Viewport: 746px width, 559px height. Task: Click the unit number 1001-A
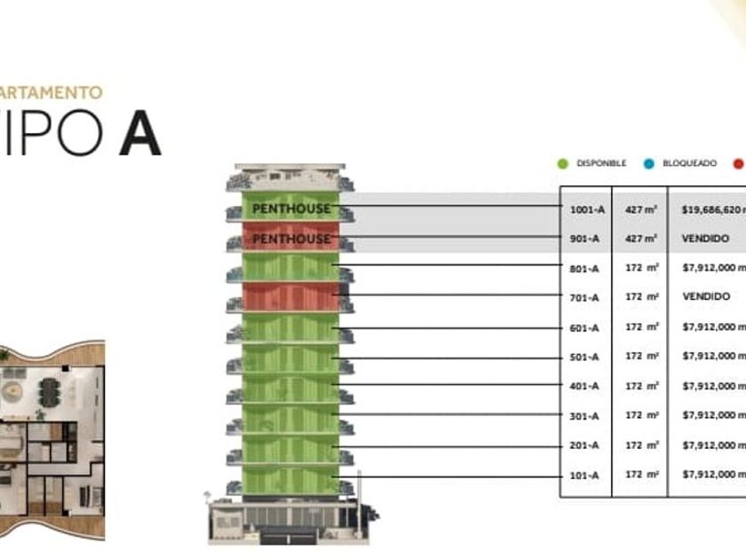(x=587, y=209)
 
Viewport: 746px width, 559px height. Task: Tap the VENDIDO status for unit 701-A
(x=706, y=296)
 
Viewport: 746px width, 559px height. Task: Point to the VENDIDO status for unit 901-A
(x=706, y=239)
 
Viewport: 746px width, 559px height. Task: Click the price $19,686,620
(x=713, y=209)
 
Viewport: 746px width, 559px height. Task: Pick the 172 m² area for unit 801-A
(x=641, y=267)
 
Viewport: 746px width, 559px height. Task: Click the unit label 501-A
(x=584, y=357)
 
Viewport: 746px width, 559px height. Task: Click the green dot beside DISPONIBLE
(x=562, y=163)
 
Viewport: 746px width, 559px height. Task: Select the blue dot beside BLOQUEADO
(x=649, y=163)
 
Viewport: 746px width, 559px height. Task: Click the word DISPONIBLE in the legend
(x=601, y=163)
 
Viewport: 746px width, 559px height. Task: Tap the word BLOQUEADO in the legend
(x=689, y=163)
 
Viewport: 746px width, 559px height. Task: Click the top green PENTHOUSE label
(x=291, y=209)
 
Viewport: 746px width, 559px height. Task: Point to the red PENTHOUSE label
(x=291, y=240)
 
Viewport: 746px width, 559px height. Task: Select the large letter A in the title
(x=140, y=134)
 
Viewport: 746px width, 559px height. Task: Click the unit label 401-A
(x=584, y=386)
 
